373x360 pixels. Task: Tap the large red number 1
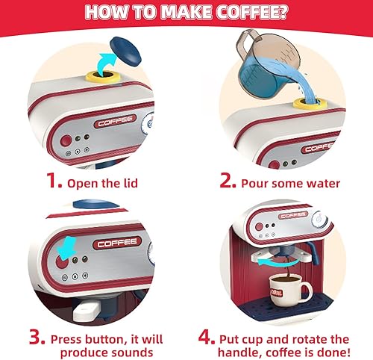54,181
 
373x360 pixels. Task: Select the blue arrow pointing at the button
69,246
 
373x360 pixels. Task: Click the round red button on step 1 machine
66,140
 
